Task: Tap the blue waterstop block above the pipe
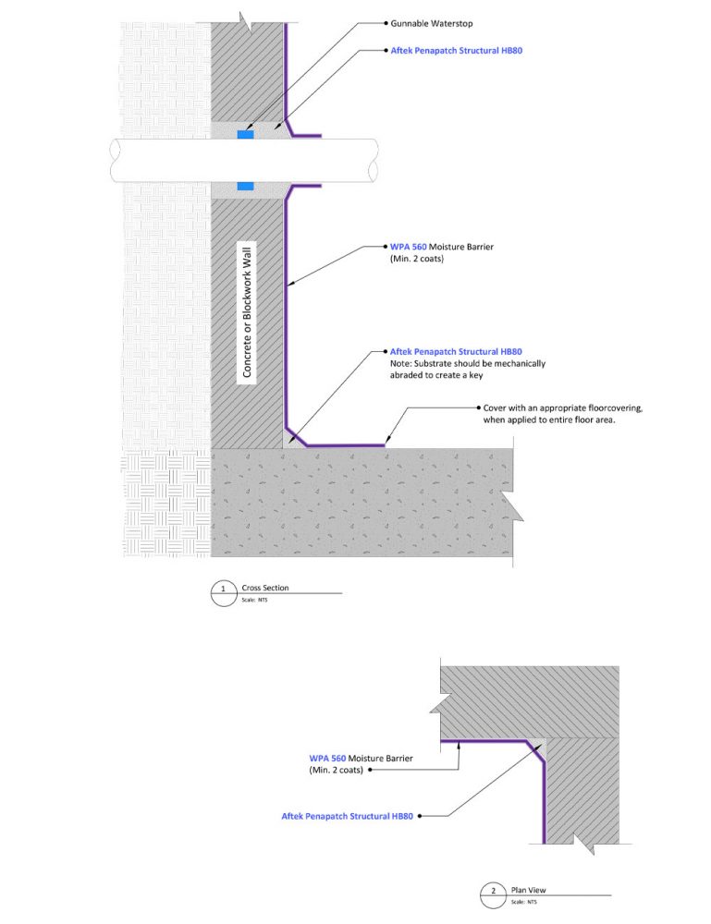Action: pos(245,135)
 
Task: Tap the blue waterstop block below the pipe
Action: pos(245,186)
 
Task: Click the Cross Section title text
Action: pos(265,588)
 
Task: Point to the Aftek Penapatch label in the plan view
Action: pos(347,817)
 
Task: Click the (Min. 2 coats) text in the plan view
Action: pos(337,770)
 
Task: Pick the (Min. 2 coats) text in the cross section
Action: pos(419,261)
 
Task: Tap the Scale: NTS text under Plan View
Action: pos(524,901)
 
